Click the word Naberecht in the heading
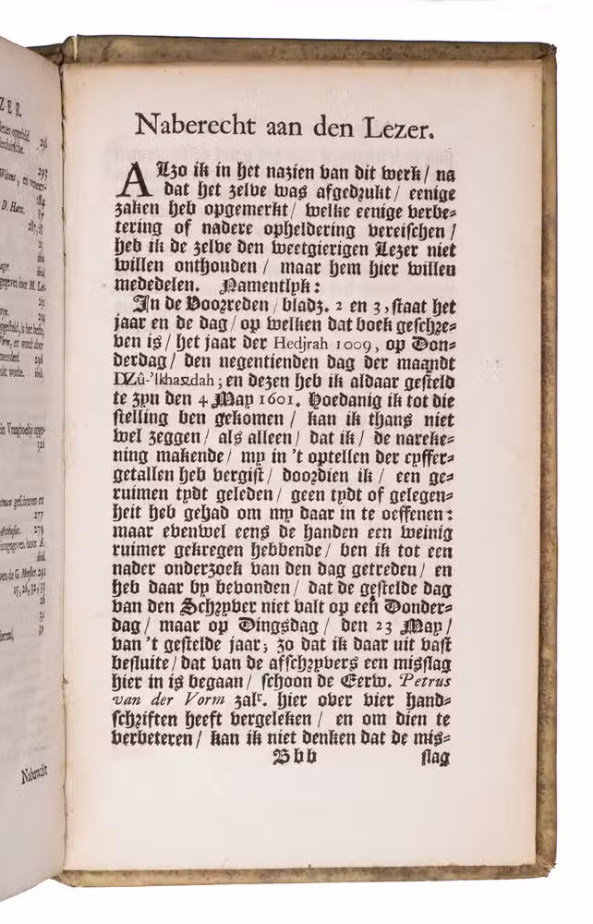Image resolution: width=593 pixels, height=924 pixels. (191, 126)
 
